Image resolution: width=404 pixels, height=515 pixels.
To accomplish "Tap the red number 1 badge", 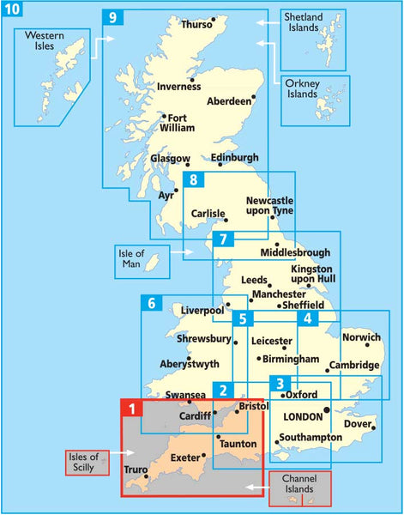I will tap(130, 409).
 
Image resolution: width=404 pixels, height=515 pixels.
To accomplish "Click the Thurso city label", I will tap(196, 26).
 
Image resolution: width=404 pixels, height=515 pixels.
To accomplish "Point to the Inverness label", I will tap(178, 86).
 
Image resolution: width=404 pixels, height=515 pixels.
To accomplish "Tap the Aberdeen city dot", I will tap(255, 95).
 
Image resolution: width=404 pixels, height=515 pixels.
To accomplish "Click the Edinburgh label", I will tap(234, 158).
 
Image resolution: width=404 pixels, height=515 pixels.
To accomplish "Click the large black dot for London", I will tap(326, 411).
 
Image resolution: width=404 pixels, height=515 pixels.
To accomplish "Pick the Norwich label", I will tap(361, 336).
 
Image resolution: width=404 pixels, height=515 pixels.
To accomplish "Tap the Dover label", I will tap(359, 424).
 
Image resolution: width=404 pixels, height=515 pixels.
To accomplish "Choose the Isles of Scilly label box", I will tap(86, 463).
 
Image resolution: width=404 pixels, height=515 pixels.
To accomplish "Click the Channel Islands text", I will tap(298, 486).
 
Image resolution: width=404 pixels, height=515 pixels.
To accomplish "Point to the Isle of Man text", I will tap(133, 257).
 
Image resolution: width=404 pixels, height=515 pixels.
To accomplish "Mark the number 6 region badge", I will tap(151, 304).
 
